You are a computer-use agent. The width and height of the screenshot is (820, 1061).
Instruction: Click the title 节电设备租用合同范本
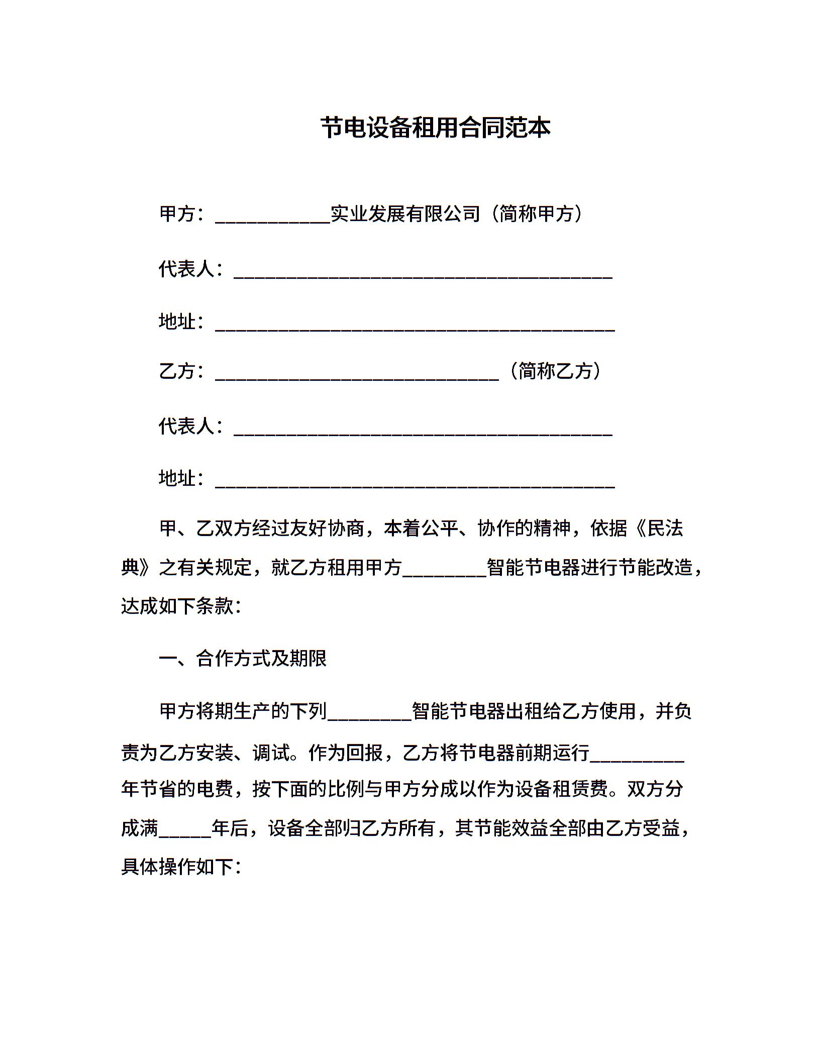click(436, 128)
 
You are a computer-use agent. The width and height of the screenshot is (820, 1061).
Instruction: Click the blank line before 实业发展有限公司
click(273, 216)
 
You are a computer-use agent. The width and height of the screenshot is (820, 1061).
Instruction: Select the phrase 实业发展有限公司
click(406, 214)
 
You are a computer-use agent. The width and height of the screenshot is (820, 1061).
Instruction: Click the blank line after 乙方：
click(357, 373)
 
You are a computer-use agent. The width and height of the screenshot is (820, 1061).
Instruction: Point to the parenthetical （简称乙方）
click(555, 371)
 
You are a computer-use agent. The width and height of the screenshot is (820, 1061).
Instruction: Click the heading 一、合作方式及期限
click(243, 659)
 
